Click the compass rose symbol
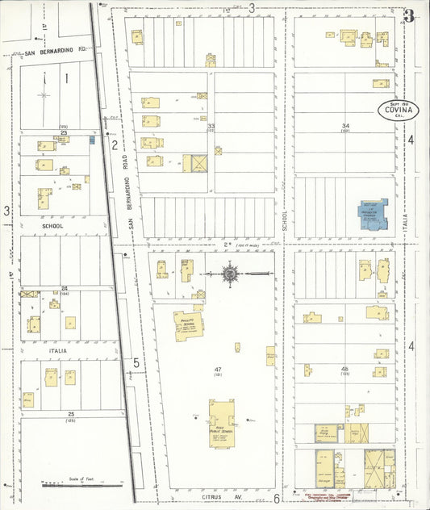point(230,275)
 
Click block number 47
point(218,370)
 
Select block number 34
point(345,126)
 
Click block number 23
point(62,132)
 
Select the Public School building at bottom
point(221,421)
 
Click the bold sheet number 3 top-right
point(409,16)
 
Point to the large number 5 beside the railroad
point(136,363)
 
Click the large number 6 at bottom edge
point(276,498)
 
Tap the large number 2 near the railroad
point(115,145)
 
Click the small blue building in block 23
point(91,140)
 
